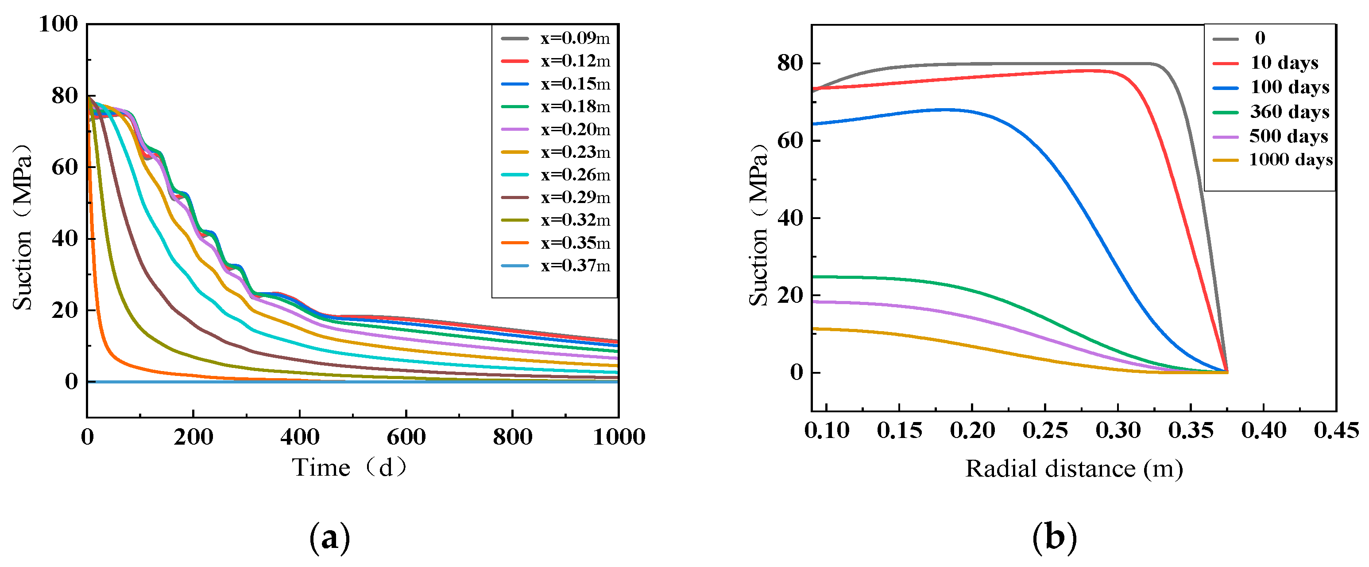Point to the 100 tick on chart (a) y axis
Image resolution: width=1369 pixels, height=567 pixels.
pyautogui.click(x=58, y=24)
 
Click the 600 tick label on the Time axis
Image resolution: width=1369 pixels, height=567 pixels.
pyautogui.click(x=406, y=437)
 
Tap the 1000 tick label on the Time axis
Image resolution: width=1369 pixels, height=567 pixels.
pyautogui.click(x=619, y=437)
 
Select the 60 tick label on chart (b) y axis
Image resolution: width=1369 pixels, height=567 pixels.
pyautogui.click(x=790, y=141)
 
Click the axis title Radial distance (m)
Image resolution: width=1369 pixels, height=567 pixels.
pyautogui.click(x=1074, y=469)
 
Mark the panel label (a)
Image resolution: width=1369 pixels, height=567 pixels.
pyautogui.click(x=329, y=538)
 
